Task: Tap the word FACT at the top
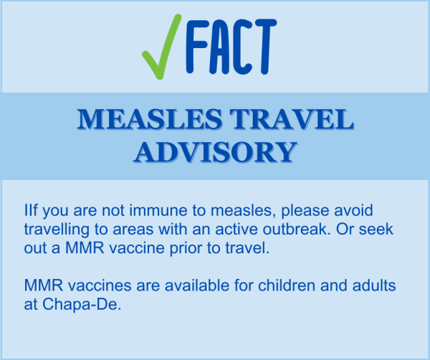pos(231,47)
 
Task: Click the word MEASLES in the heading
pos(150,119)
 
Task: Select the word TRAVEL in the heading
pos(292,119)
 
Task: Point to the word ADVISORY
pos(216,152)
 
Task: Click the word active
pos(236,229)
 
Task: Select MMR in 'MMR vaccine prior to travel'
pos(85,248)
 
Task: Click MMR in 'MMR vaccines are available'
pos(44,285)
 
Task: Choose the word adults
pos(374,285)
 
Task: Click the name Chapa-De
pos(82,304)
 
